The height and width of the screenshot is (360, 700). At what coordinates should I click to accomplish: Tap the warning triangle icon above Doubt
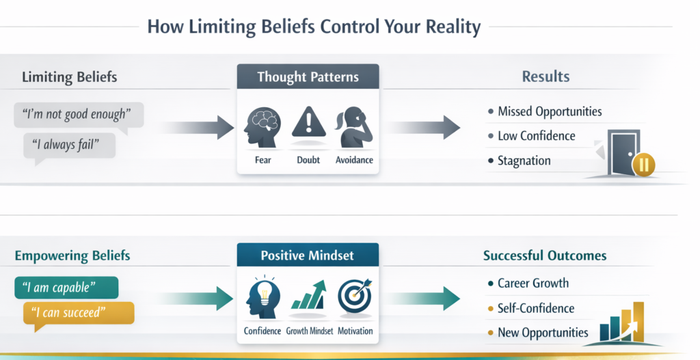click(x=308, y=124)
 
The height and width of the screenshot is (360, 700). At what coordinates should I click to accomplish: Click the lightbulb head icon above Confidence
click(x=262, y=295)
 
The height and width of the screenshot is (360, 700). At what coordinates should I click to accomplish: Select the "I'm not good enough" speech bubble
click(x=78, y=114)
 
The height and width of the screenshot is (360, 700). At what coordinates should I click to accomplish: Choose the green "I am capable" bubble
click(x=66, y=286)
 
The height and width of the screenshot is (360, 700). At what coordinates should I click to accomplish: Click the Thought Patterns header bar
click(x=308, y=77)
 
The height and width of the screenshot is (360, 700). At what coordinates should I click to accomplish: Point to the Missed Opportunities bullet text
click(x=550, y=111)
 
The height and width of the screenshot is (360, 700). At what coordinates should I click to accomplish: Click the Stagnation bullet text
click(x=524, y=161)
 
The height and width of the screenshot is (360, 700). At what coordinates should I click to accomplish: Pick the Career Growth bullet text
click(x=533, y=283)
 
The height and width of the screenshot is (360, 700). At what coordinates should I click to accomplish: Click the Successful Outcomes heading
click(x=545, y=256)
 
